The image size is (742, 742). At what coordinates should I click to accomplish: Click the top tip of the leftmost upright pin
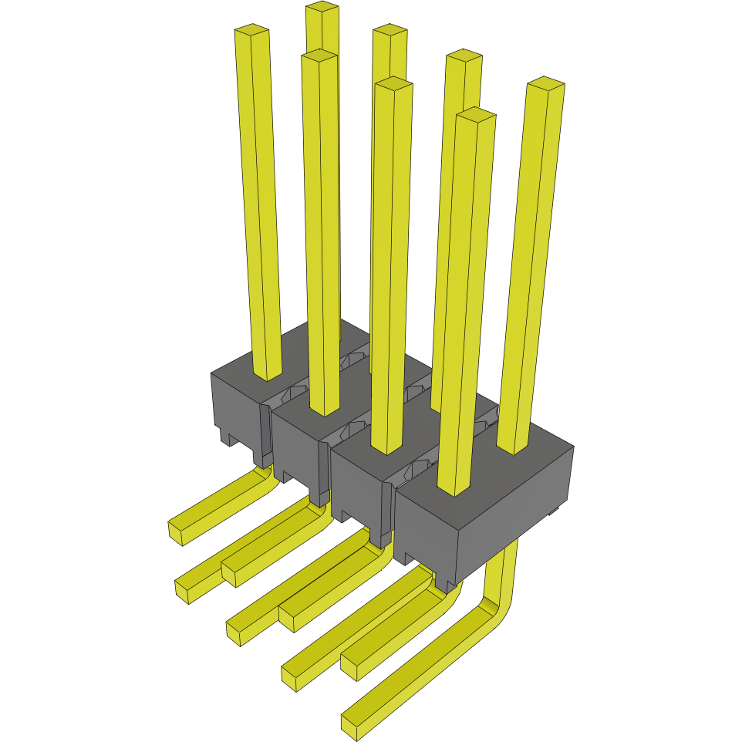coord(251,31)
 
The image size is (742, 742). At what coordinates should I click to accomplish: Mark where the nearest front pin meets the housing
coord(454,489)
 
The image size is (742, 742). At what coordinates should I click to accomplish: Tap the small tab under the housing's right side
coord(552,511)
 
